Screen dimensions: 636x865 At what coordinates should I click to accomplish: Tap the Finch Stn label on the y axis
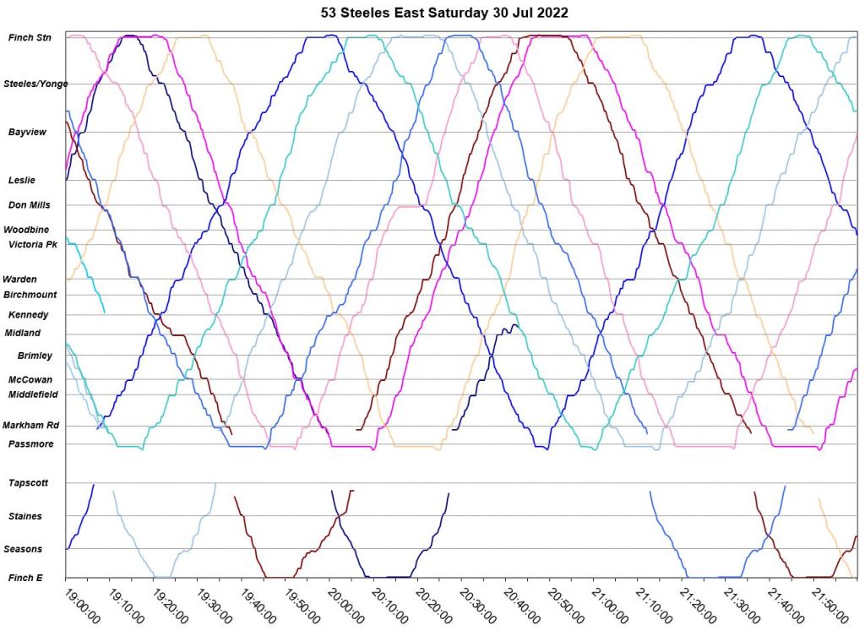(x=30, y=37)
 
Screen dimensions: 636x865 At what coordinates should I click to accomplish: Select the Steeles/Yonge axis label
(x=35, y=84)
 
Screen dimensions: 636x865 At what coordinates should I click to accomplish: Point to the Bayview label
(x=28, y=133)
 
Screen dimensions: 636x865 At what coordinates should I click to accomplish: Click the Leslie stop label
(x=22, y=180)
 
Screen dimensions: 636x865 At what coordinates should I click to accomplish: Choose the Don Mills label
(x=30, y=204)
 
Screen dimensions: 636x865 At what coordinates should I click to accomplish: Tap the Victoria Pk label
(x=33, y=245)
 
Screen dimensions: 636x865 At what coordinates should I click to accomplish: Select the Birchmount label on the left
(x=30, y=295)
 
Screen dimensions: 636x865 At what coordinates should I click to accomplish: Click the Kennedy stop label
(x=29, y=315)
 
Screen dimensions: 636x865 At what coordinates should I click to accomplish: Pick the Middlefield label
(x=33, y=394)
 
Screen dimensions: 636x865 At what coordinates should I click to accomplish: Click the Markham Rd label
(x=30, y=426)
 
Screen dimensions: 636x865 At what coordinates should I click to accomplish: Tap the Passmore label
(x=31, y=444)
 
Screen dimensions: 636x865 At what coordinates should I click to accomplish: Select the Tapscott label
(x=29, y=483)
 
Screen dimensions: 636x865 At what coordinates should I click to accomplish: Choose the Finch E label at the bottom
(x=26, y=578)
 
